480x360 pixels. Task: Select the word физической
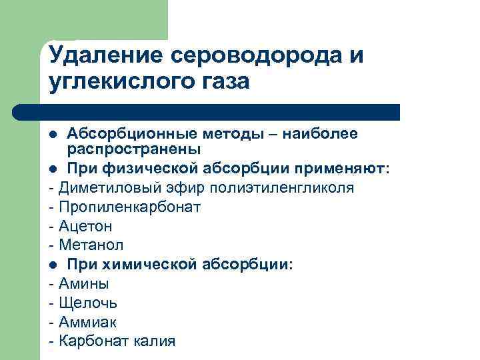point(145,169)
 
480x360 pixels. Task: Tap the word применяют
point(349,169)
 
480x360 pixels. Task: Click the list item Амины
point(84,284)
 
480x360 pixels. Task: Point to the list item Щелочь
point(88,303)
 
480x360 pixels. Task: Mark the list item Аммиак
point(87,323)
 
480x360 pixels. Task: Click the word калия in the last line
point(154,342)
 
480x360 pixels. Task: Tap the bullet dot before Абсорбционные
point(53,135)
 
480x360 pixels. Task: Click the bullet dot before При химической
point(53,265)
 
